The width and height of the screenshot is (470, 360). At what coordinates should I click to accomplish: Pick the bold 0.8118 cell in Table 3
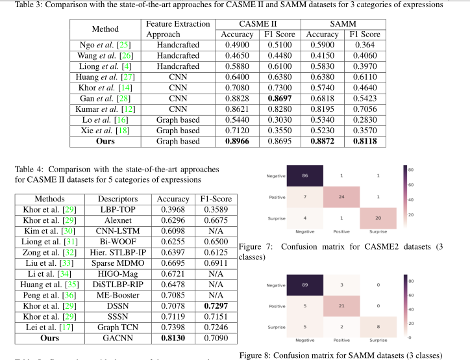pyautogui.click(x=364, y=140)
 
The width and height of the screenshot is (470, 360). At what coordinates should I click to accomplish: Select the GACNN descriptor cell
pyautogui.click(x=117, y=337)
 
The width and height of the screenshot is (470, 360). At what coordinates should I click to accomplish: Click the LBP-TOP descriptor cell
pyautogui.click(x=117, y=209)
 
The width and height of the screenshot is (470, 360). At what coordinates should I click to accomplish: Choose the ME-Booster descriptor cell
pyautogui.click(x=117, y=294)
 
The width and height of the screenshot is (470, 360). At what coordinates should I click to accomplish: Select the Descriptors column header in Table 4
pyautogui.click(x=117, y=198)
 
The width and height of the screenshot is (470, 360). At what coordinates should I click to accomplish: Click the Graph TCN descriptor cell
pyautogui.click(x=117, y=326)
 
